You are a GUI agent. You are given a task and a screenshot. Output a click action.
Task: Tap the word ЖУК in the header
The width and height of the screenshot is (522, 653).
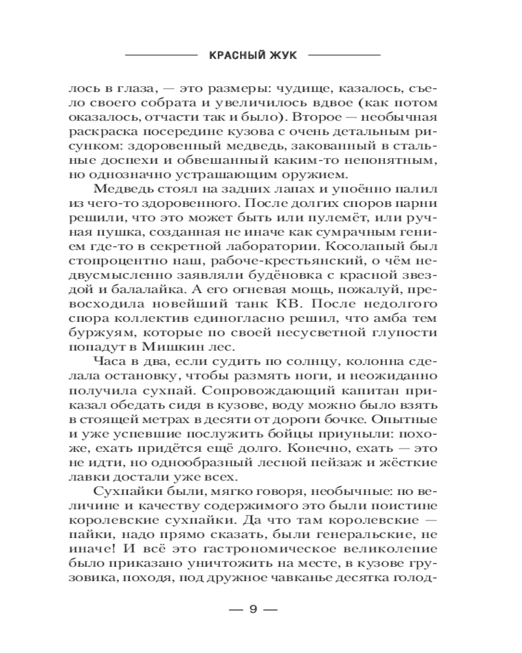click(x=283, y=56)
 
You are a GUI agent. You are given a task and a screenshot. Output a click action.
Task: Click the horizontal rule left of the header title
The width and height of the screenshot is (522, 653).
click(x=159, y=56)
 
